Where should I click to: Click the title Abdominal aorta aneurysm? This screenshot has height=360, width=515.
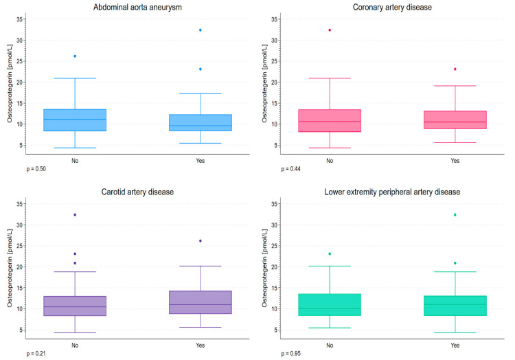(137, 8)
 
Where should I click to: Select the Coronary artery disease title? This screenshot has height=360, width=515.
(392, 8)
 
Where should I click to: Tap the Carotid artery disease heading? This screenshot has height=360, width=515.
(137, 192)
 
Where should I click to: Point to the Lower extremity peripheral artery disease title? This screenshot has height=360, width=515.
(392, 192)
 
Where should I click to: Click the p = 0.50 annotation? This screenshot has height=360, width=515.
(36, 169)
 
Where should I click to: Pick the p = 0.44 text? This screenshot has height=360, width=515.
(290, 169)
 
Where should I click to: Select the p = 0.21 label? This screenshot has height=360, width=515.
(36, 353)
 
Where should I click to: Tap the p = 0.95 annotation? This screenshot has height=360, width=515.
(290, 353)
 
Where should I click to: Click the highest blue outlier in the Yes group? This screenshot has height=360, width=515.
(201, 30)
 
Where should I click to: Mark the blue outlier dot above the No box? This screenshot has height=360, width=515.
(75, 56)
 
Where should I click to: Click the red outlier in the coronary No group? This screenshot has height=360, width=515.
(330, 30)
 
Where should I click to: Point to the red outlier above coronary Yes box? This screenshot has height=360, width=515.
(455, 69)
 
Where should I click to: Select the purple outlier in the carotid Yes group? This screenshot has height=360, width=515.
(201, 240)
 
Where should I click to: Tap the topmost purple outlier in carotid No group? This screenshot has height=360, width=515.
(75, 215)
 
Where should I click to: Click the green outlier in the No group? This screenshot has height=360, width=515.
(330, 254)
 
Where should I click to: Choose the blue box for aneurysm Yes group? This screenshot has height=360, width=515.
(201, 122)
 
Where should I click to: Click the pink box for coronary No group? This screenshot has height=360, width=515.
(330, 120)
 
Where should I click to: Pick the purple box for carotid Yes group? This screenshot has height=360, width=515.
(201, 302)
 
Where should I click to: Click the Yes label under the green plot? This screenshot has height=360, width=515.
(455, 345)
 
